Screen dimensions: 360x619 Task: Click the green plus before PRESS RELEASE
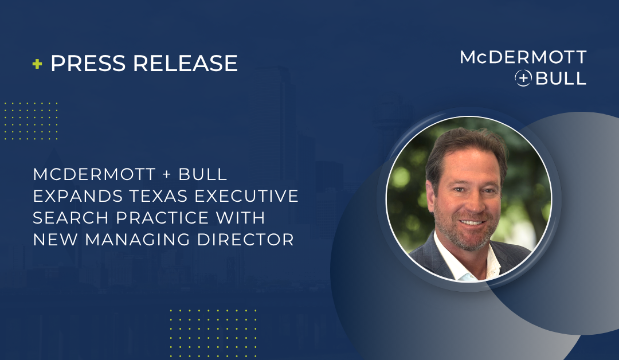pos(37,64)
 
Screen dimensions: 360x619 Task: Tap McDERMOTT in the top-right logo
pos(523,57)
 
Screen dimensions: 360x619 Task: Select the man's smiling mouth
pos(472,222)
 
